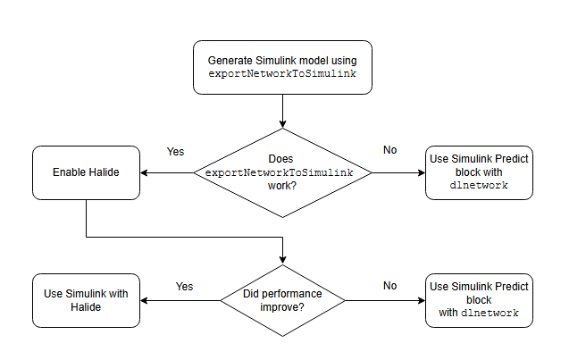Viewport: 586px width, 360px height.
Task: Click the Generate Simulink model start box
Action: [x=282, y=67]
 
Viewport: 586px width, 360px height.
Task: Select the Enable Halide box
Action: [x=86, y=172]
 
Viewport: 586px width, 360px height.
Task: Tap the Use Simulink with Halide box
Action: [x=86, y=300]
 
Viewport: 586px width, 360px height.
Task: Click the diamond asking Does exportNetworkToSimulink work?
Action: [x=282, y=172]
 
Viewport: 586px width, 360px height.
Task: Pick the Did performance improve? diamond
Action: [x=282, y=300]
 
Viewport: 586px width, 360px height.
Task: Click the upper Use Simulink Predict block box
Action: [x=479, y=172]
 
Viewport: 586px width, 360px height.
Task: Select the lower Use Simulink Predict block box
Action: [x=479, y=300]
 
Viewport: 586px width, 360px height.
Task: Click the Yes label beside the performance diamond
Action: [x=184, y=286]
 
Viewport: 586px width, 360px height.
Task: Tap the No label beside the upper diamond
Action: [x=389, y=150]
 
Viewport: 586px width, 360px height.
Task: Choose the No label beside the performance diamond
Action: [x=389, y=286]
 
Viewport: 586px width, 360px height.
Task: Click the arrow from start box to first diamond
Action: [x=282, y=112]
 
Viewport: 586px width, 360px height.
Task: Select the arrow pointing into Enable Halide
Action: [x=170, y=172]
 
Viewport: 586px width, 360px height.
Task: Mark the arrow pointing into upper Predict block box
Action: [x=398, y=172]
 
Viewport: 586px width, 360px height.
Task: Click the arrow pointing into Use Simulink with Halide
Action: [x=179, y=300]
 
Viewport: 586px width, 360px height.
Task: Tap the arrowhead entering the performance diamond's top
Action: [x=282, y=259]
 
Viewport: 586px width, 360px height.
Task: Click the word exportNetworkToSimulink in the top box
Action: [x=282, y=74]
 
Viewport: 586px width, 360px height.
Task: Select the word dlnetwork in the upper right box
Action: [x=479, y=186]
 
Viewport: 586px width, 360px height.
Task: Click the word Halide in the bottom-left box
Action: [x=86, y=307]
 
